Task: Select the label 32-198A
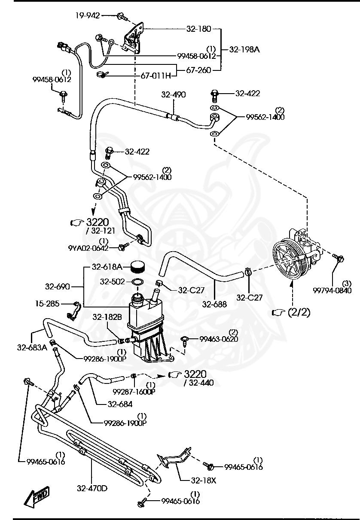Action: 244,49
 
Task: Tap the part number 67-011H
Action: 156,76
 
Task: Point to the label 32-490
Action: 174,94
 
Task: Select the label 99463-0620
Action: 218,339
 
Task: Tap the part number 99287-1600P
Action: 134,392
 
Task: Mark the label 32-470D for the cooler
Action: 92,488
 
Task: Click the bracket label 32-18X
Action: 204,480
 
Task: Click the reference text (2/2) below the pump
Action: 299,312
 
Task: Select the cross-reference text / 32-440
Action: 198,383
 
